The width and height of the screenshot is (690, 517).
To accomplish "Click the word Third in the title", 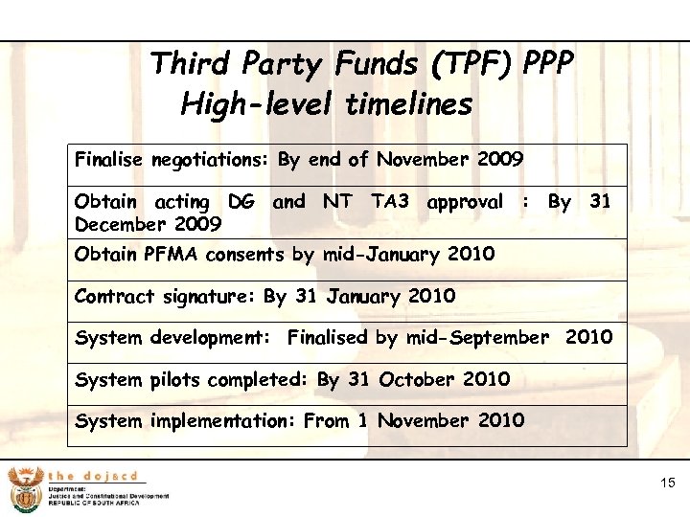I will tap(192, 65).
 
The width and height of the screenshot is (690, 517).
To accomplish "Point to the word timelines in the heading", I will tap(409, 102).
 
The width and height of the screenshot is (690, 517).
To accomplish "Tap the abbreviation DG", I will tap(241, 202).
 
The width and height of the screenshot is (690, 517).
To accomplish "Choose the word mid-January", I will tap(377, 255).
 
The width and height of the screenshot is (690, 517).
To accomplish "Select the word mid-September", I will tap(477, 338).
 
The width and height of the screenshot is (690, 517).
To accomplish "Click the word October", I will tap(417, 379).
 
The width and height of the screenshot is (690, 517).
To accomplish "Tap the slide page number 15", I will tap(668, 484).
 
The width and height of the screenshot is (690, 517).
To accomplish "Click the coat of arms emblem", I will tap(23, 489).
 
